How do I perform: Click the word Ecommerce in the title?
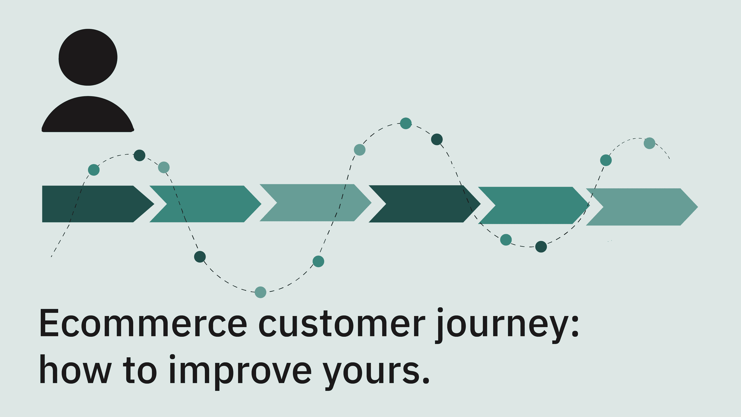(x=143, y=323)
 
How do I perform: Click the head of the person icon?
(x=88, y=57)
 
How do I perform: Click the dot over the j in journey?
(x=440, y=310)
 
